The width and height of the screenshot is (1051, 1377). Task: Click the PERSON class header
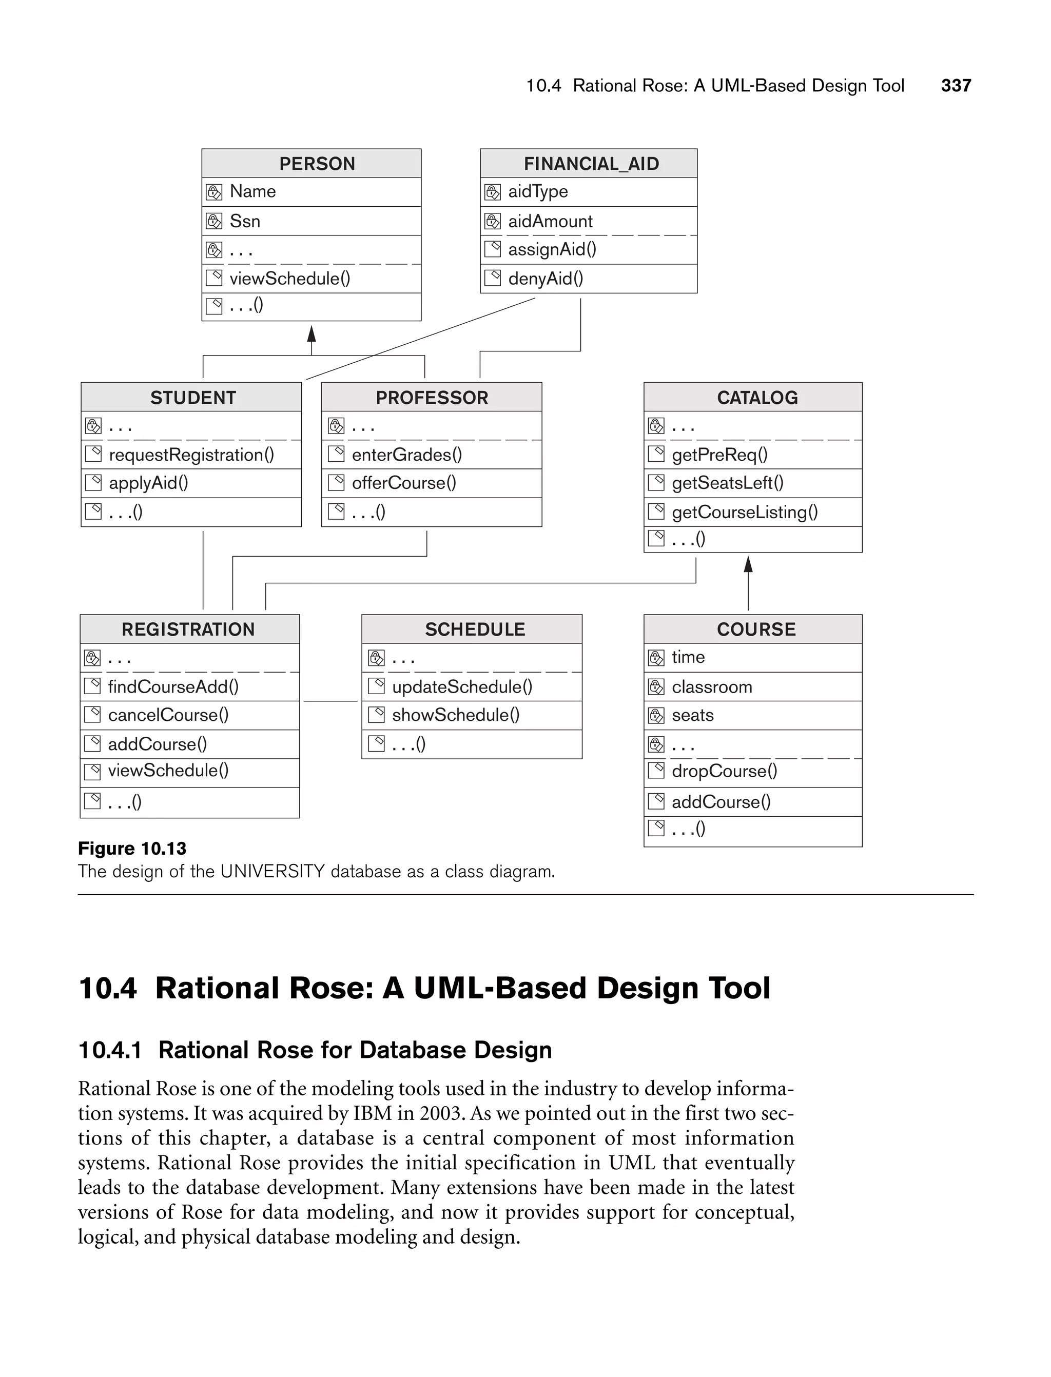point(317,164)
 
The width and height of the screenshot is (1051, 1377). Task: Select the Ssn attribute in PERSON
point(245,221)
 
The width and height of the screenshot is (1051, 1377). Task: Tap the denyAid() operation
point(546,279)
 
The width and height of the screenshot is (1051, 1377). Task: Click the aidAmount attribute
point(550,221)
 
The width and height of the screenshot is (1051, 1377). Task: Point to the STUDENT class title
point(192,398)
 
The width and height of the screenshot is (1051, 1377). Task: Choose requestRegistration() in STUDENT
point(191,455)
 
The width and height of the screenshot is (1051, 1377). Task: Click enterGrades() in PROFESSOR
point(406,455)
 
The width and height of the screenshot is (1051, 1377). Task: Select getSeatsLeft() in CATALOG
point(727,483)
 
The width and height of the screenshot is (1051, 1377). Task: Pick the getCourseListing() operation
point(745,513)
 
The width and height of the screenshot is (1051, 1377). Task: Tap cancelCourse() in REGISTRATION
point(168,715)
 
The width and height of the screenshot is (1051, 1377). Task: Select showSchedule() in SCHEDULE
point(455,715)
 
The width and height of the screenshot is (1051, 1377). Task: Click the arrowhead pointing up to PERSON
point(312,334)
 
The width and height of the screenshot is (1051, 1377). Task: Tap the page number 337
point(956,86)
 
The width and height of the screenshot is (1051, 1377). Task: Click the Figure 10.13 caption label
point(132,849)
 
